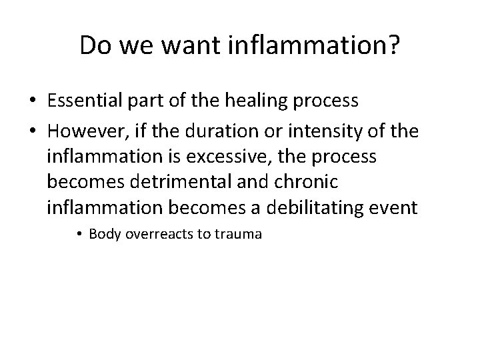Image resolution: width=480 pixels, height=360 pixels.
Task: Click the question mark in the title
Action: click(393, 45)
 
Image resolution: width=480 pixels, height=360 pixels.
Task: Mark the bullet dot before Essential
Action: click(33, 102)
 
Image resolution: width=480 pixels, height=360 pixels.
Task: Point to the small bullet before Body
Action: click(81, 235)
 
